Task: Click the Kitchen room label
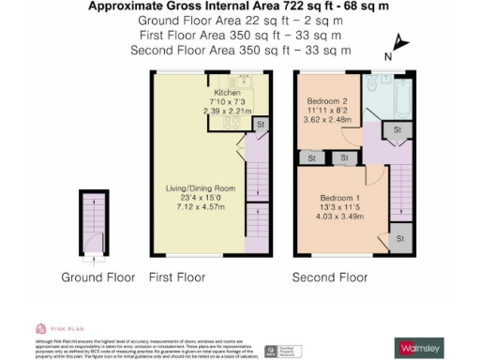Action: pyautogui.click(x=228, y=93)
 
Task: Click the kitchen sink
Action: pyautogui.click(x=252, y=82)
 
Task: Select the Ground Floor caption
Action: pyautogui.click(x=96, y=277)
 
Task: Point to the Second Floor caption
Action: pyautogui.click(x=330, y=277)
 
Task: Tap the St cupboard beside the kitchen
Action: pyautogui.click(x=260, y=124)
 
